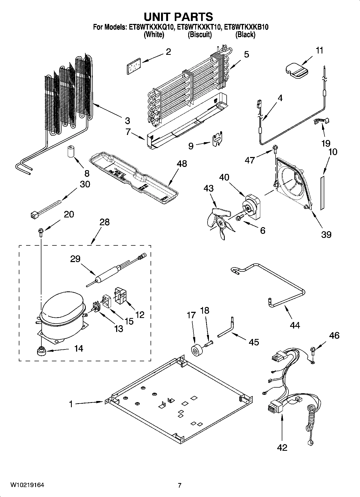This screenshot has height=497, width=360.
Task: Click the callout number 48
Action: (182, 164)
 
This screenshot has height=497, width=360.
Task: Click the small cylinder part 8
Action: (70, 152)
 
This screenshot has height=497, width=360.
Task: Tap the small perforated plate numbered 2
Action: (133, 65)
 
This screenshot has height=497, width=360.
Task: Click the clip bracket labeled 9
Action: (218, 140)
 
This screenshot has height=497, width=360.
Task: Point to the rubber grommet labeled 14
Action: (41, 351)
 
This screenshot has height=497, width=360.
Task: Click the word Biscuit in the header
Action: (199, 35)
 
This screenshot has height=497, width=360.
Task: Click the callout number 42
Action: (282, 448)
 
